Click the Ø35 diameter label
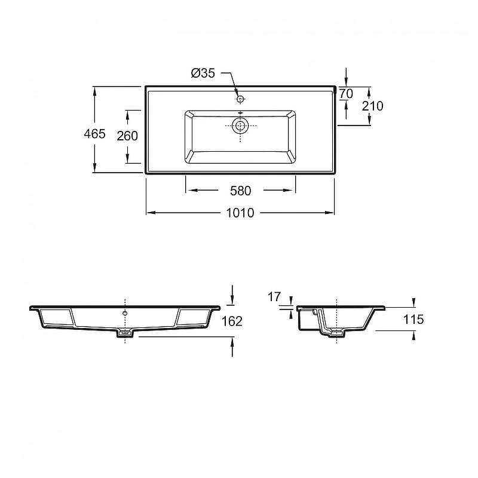click(203, 73)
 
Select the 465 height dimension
click(94, 133)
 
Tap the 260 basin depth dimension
click(127, 136)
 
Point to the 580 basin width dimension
click(241, 191)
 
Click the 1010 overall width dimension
click(240, 213)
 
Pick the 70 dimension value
click(346, 94)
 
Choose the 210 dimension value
click(372, 106)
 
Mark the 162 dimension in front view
click(232, 321)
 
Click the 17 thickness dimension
click(274, 296)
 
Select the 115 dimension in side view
click(413, 320)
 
